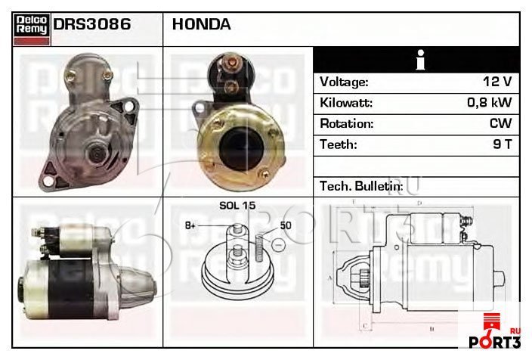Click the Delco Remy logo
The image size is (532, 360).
pyautogui.click(x=32, y=29)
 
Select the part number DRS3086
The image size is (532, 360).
pyautogui.click(x=92, y=24)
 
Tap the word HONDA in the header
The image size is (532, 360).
pyautogui.click(x=202, y=24)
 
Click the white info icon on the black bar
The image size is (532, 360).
pyautogui.click(x=421, y=60)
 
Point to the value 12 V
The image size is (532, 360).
pyautogui.click(x=497, y=82)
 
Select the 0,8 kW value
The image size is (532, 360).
pyautogui.click(x=489, y=102)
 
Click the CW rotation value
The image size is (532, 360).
pyautogui.click(x=500, y=123)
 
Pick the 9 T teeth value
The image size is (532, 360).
pyautogui.click(x=502, y=144)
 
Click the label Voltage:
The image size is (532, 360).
pyautogui.click(x=344, y=82)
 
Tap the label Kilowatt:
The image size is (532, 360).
pyautogui.click(x=346, y=103)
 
